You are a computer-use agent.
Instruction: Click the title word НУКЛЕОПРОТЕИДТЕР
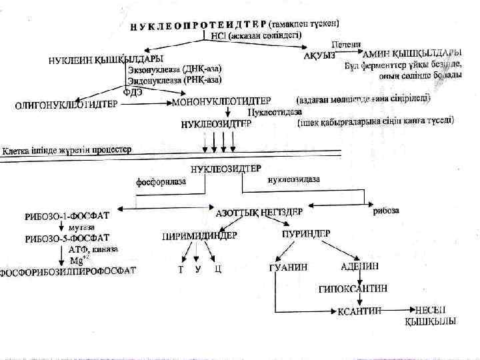198,25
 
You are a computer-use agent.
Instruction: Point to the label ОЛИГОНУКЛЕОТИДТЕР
66,105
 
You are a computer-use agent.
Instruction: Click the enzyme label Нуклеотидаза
265,113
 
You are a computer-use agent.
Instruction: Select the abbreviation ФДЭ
136,93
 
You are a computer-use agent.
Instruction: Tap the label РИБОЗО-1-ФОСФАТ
67,216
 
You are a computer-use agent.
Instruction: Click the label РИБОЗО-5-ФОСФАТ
67,239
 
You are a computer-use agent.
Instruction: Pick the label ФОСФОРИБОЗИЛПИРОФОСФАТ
68,271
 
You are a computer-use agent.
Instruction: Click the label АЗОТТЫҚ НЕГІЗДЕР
260,212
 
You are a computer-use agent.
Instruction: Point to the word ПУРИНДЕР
303,234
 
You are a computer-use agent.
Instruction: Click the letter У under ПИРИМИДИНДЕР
198,269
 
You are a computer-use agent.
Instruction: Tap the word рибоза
387,211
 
